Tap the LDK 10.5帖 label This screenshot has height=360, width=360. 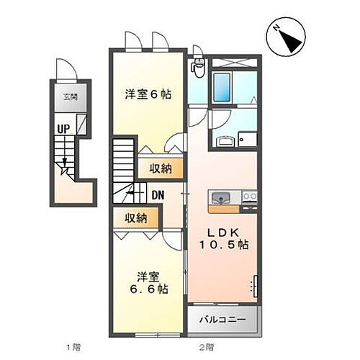[225, 238]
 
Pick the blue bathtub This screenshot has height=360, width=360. [222, 87]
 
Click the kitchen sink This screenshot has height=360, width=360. [220, 197]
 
